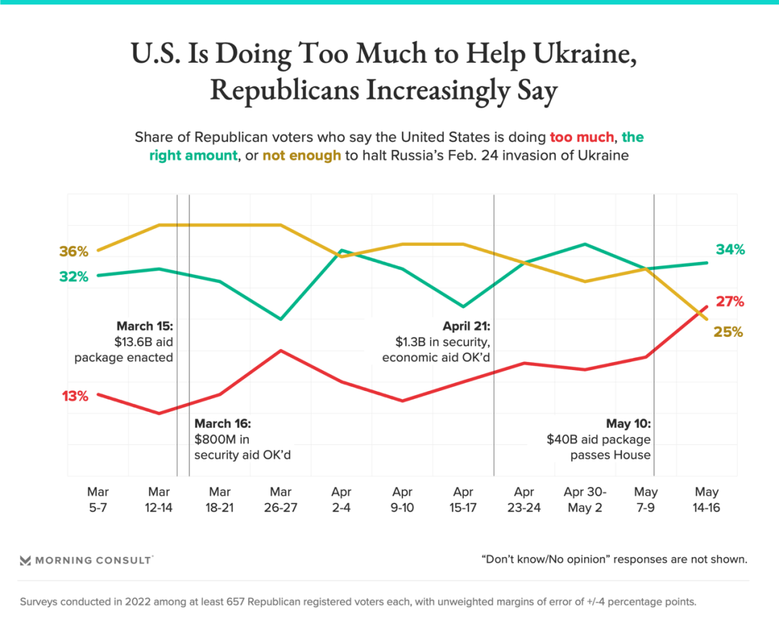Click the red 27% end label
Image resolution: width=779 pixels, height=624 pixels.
[x=729, y=302]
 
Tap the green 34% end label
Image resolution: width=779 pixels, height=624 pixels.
[x=730, y=250]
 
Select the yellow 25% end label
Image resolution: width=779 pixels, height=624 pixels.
[x=729, y=333]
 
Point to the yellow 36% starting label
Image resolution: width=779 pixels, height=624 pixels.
[x=74, y=252]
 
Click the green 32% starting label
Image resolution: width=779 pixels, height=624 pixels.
[x=74, y=276]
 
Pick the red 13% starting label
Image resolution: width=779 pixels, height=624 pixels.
[x=75, y=396]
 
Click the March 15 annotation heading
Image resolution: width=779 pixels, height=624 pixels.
[x=144, y=326]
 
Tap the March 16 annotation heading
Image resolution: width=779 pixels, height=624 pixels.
[x=222, y=423]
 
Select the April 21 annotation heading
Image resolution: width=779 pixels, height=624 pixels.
[x=466, y=326]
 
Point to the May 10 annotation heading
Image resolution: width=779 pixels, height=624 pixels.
[x=628, y=423]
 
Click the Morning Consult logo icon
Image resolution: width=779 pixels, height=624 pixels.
[x=25, y=560]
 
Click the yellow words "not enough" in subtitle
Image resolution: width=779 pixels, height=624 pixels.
[x=302, y=156]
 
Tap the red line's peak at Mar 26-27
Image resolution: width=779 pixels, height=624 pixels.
[x=281, y=351]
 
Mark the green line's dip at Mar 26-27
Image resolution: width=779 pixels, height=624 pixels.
[x=281, y=319]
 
